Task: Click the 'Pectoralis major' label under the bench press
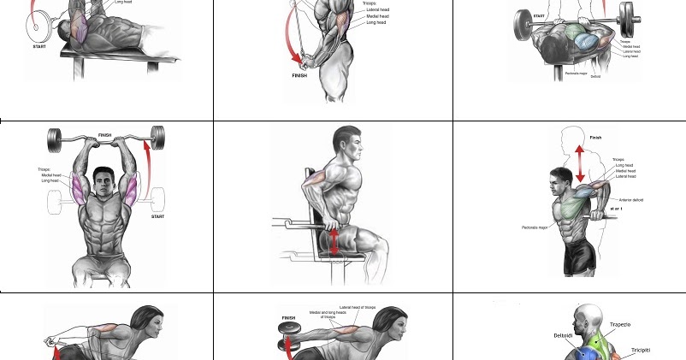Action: pyautogui.click(x=577, y=74)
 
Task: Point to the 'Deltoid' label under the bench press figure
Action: pyautogui.click(x=595, y=77)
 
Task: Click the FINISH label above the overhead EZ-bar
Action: pyautogui.click(x=104, y=134)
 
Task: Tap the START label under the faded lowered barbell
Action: pyautogui.click(x=158, y=216)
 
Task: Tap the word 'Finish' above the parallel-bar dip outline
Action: pyautogui.click(x=595, y=137)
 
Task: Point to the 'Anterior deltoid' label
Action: pyautogui.click(x=631, y=200)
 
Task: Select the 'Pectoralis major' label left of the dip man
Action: pyautogui.click(x=536, y=227)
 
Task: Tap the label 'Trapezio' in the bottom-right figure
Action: pyautogui.click(x=620, y=325)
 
